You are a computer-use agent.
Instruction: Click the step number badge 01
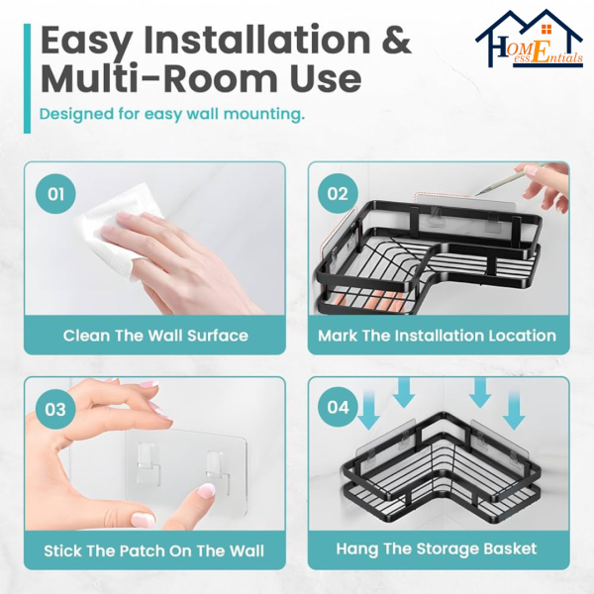55,194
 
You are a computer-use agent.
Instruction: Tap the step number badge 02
338,194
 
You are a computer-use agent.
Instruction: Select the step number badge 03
55,409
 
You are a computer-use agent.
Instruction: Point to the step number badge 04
338,407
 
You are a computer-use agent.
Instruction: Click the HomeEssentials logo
530,39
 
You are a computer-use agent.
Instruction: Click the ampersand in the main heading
396,40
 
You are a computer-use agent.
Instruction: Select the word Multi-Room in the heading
159,79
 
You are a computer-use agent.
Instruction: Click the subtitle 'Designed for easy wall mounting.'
172,115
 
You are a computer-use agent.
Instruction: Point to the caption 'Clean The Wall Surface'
155,336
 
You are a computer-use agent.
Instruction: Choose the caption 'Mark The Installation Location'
437,336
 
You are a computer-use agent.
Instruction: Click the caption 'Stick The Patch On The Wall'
153,550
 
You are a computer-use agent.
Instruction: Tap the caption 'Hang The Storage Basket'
437,548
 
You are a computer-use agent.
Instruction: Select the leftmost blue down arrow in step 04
368,410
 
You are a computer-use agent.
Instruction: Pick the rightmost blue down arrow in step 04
514,410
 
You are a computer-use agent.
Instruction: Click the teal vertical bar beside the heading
27,78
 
